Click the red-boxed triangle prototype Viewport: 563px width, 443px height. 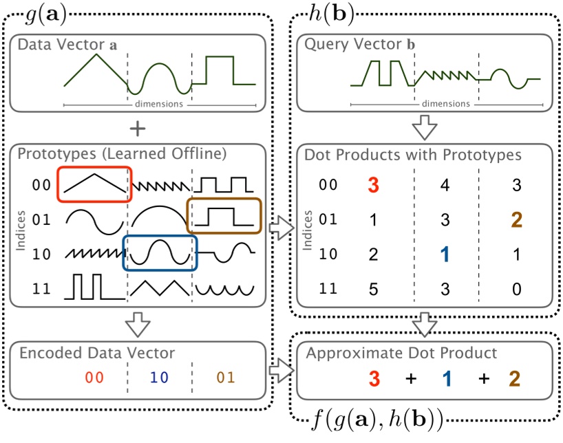pos(94,184)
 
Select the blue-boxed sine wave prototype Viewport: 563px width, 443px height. pos(160,253)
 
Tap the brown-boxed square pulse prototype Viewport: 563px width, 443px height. pos(224,216)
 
